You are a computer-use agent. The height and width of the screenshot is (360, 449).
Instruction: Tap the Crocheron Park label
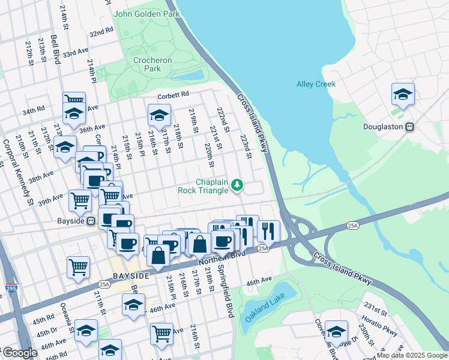(152, 64)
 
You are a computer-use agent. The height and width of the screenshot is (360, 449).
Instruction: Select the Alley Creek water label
(316, 84)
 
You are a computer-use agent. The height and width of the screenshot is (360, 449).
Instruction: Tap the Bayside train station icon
(91, 220)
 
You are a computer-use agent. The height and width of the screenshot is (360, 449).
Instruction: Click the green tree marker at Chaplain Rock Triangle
(237, 185)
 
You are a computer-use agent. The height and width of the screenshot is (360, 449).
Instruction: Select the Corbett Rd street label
(173, 94)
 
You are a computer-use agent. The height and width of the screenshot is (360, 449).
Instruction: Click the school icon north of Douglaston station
(403, 94)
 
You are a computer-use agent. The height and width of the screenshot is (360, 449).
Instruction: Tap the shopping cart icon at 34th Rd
(74, 100)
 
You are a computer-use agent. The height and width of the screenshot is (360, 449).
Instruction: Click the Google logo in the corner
(19, 353)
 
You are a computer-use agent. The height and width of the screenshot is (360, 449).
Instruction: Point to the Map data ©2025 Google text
(412, 355)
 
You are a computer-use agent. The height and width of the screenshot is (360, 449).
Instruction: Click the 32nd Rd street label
(101, 32)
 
